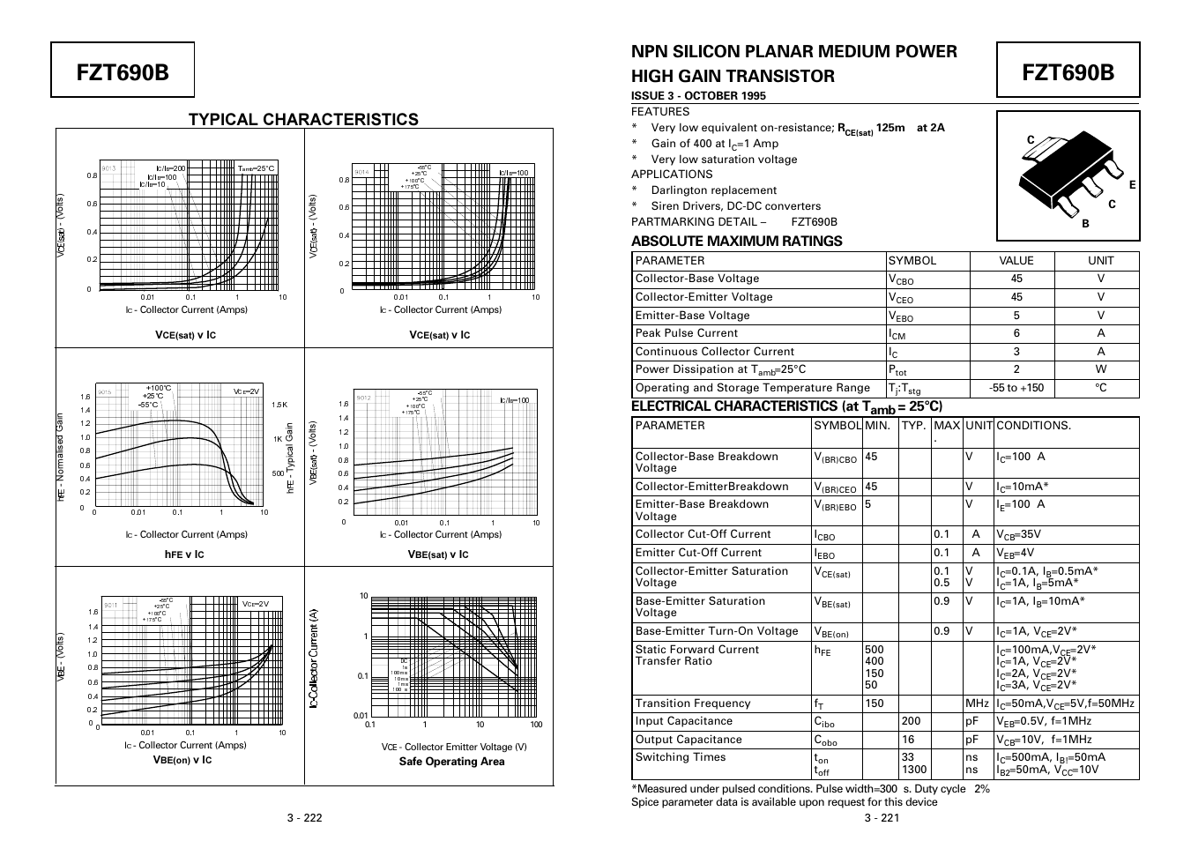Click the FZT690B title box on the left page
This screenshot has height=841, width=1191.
pos(122,71)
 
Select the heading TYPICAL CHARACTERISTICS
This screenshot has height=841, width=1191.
pos(303,119)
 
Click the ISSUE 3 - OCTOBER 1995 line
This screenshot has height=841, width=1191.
pos(698,95)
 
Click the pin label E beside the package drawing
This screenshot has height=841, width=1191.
pos(1132,185)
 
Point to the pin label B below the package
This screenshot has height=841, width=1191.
pos(1085,224)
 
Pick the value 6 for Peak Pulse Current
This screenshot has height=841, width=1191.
pos(1016,333)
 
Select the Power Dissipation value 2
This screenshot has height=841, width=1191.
pos(1016,370)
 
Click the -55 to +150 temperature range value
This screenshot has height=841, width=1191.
pos(1016,388)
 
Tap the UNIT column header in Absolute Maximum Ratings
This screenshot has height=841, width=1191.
pos(1100,261)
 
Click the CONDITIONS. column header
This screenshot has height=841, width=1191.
pos(1033,426)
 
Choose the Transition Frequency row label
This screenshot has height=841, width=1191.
pos(693,703)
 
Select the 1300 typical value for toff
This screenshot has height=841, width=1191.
pos(914,770)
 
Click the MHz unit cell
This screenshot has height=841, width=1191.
pos(977,703)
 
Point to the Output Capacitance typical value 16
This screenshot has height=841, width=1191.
pos(908,740)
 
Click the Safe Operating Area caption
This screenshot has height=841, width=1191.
pos(451,762)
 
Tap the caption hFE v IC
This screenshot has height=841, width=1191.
pos(184,554)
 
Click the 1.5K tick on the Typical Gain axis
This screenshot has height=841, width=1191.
pos(279,405)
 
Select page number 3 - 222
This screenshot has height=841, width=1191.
pos(304,817)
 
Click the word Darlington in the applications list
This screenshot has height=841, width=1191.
pos(679,190)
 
